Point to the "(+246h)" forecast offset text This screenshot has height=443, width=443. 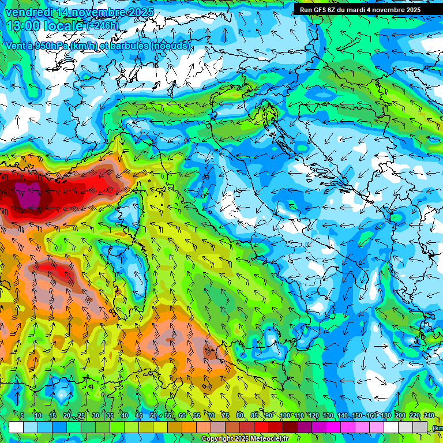[103, 26]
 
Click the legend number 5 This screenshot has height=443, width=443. [22, 416]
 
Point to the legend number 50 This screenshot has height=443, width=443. [153, 416]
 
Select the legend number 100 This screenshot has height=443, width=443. [284, 416]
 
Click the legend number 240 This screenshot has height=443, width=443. [429, 416]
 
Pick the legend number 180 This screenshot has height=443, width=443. [385, 416]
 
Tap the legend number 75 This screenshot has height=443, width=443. [226, 416]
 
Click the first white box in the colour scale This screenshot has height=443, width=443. [16, 427]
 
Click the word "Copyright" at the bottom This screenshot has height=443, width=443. [217, 439]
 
